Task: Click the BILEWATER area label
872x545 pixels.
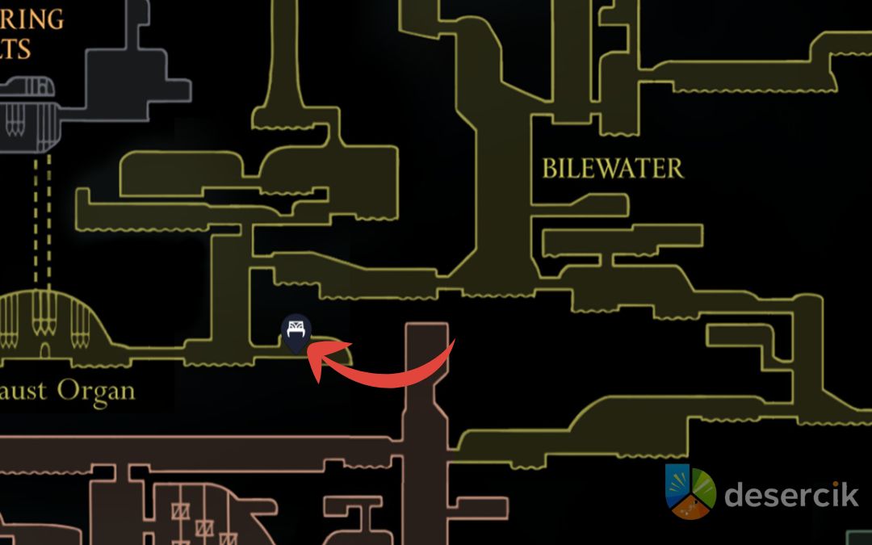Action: pyautogui.click(x=612, y=168)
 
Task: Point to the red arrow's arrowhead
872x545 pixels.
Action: pyautogui.click(x=317, y=361)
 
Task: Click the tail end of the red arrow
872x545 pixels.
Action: pyautogui.click(x=453, y=343)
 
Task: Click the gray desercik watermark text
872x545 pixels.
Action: pyautogui.click(x=790, y=493)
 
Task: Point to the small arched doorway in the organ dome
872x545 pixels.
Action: pyautogui.click(x=45, y=350)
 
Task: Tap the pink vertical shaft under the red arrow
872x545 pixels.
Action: pyautogui.click(x=426, y=420)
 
